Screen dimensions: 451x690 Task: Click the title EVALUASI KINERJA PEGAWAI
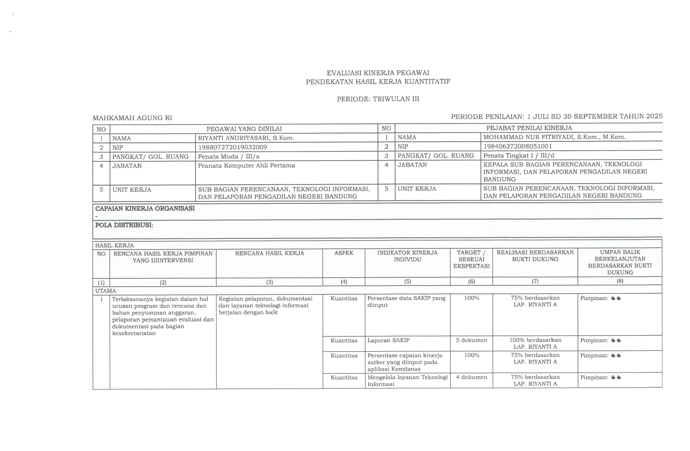pyautogui.click(x=378, y=73)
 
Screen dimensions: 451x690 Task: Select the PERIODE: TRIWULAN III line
pyautogui.click(x=378, y=99)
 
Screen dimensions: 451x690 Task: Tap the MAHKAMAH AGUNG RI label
pyautogui.click(x=132, y=118)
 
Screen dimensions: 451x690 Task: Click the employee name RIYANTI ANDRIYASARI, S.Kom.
pyautogui.click(x=246, y=138)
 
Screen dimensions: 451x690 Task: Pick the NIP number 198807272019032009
pyautogui.click(x=232, y=147)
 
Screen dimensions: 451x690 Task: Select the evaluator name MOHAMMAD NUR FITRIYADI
pyautogui.click(x=554, y=137)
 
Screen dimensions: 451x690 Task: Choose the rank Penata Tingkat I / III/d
pyautogui.click(x=519, y=155)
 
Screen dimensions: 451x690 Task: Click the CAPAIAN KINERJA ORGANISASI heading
pyautogui.click(x=145, y=208)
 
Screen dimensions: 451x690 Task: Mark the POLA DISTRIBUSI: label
pyautogui.click(x=124, y=225)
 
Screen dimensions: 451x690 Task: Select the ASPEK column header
pyautogui.click(x=344, y=253)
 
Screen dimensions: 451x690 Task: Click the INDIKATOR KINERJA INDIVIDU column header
pyautogui.click(x=407, y=256)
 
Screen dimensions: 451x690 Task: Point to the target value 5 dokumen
pyautogui.click(x=471, y=340)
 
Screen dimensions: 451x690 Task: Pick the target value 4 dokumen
pyautogui.click(x=471, y=377)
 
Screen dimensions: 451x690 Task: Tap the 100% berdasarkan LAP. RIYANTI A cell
pyautogui.click(x=535, y=343)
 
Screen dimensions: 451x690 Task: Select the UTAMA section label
pyautogui.click(x=105, y=291)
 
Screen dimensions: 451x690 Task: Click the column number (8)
pyautogui.click(x=620, y=281)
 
